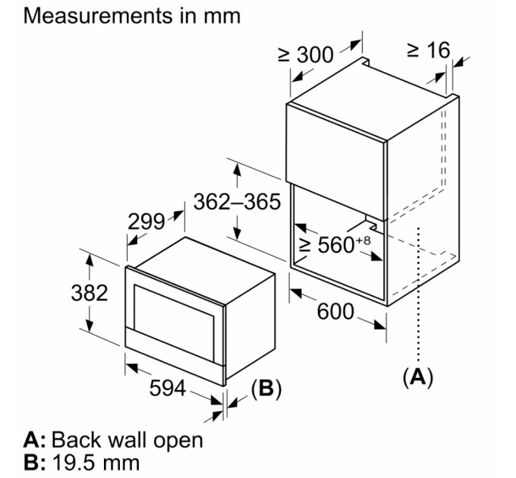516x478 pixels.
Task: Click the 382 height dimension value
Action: [90, 293]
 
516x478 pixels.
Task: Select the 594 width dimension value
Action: [168, 388]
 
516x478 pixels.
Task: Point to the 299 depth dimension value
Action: [146, 222]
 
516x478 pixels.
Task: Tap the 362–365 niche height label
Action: [237, 201]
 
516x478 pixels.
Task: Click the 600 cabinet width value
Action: [335, 311]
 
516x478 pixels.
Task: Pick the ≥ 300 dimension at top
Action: [306, 55]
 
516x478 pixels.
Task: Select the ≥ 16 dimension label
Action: [429, 50]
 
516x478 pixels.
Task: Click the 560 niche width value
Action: [335, 244]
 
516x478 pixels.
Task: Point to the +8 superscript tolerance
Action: [363, 241]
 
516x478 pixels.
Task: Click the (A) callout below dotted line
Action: [418, 377]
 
